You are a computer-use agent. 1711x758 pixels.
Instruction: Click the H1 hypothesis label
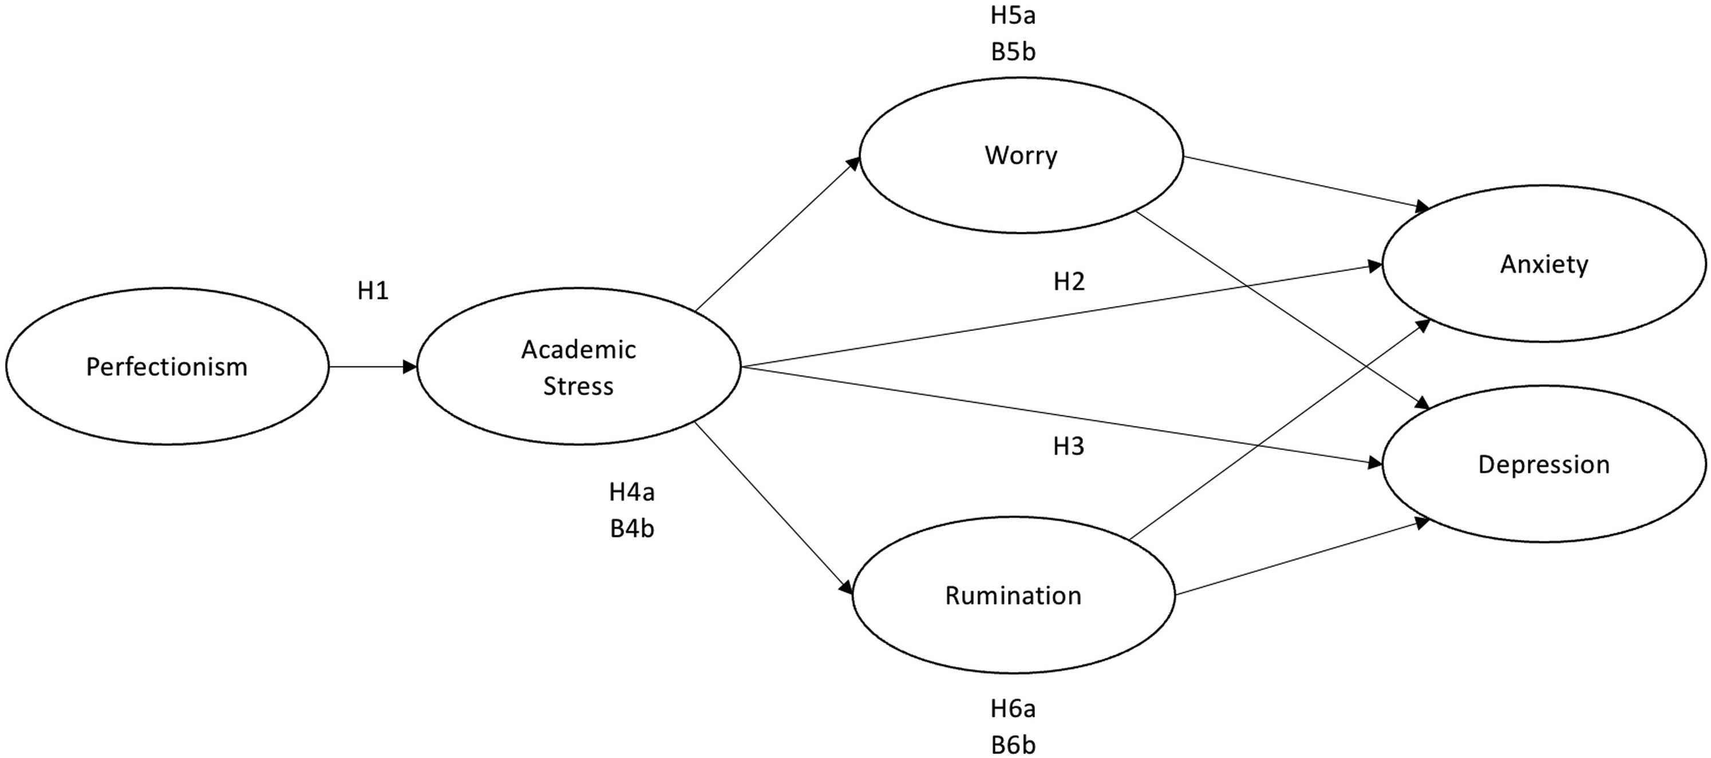(x=373, y=291)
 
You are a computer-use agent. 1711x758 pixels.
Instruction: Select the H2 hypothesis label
(x=1069, y=282)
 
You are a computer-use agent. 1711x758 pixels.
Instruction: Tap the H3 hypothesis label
(x=1069, y=447)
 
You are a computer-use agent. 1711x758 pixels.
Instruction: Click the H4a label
(x=631, y=492)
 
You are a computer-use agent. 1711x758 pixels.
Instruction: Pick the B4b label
(x=631, y=529)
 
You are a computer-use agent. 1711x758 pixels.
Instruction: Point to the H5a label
(x=1013, y=15)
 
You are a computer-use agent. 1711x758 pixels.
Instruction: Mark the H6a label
(x=1013, y=709)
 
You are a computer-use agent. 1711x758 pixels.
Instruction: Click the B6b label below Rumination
(x=1013, y=745)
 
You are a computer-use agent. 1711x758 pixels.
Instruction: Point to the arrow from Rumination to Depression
(x=1302, y=558)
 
